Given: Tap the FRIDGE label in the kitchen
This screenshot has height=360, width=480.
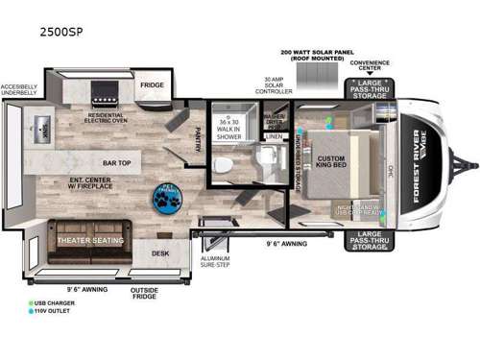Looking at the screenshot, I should [153, 84].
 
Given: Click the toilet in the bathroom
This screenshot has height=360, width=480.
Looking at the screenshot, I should [224, 164].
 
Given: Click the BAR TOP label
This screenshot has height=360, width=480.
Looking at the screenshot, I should [117, 162].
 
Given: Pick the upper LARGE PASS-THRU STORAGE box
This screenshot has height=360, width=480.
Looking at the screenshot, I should [368, 89].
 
